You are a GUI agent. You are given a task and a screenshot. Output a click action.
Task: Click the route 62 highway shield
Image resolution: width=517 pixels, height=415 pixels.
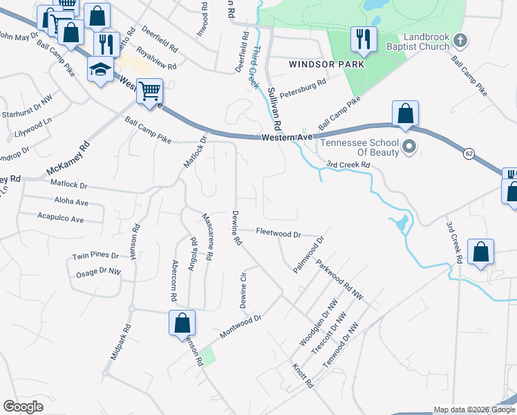[470, 152]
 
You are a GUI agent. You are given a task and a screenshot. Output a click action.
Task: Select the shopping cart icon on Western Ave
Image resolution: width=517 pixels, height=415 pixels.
[149, 91]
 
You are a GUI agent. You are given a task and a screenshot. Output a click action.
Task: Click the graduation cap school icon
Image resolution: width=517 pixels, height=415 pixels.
[100, 68]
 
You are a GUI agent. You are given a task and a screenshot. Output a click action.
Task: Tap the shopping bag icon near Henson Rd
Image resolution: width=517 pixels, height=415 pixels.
[182, 322]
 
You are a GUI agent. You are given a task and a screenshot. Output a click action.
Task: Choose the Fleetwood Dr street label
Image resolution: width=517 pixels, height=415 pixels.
[279, 233]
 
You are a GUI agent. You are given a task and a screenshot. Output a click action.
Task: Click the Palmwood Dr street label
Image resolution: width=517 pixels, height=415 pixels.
[308, 255]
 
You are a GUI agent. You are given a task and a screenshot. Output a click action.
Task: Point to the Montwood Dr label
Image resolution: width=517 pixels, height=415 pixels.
[241, 326]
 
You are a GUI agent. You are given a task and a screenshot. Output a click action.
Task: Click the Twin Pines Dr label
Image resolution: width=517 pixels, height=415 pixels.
[95, 256]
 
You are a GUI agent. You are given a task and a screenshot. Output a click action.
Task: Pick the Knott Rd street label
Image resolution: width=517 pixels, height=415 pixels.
[303, 375]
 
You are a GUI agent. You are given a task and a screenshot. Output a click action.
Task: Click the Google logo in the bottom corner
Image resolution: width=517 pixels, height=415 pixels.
[23, 407]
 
